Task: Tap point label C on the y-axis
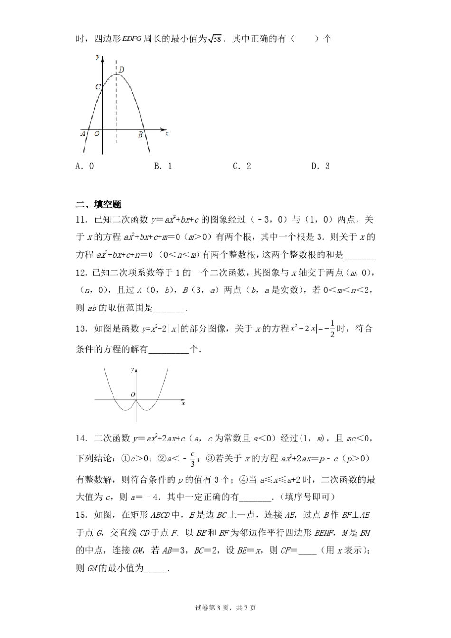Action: tap(97, 87)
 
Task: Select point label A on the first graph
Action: tap(83, 134)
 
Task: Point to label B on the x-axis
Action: tap(140, 135)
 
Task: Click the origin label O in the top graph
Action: tap(97, 134)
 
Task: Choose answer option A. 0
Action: tap(85, 166)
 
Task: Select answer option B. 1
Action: tap(163, 166)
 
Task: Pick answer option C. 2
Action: tap(242, 166)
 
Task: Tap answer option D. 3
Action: tap(320, 166)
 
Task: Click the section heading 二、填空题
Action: tap(99, 205)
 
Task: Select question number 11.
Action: tap(81, 219)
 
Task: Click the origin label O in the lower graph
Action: tap(132, 394)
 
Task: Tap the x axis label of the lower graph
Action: tap(183, 403)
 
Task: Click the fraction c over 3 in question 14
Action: tap(192, 459)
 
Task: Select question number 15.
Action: tap(81, 515)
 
